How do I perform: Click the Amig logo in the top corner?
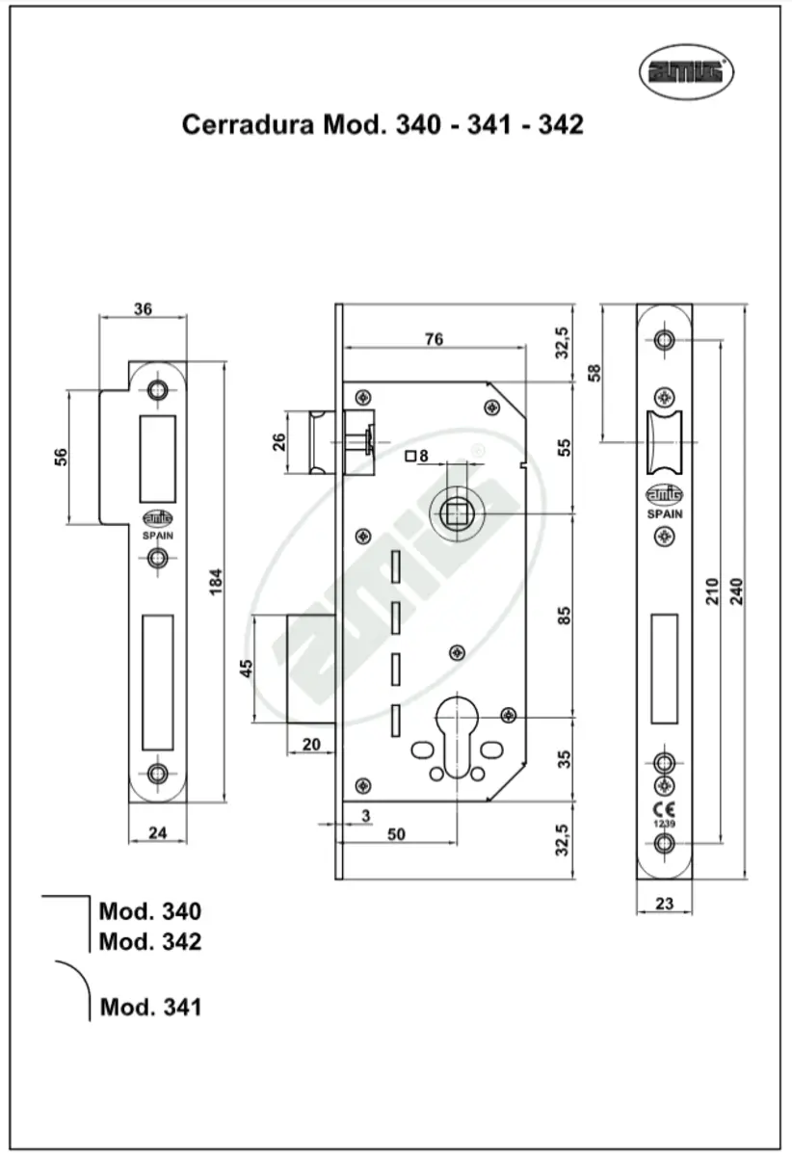pos(687,71)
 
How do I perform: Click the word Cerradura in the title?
pos(246,124)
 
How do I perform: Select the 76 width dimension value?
pos(434,338)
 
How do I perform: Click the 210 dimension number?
pos(711,591)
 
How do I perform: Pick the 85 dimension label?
pos(565,614)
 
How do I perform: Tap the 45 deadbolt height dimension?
pos(246,668)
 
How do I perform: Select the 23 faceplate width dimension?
pos(663,905)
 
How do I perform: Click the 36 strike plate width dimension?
pos(143,309)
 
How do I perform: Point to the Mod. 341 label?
pos(151,1008)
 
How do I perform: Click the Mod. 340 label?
pos(150,911)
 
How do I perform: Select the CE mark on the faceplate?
pos(664,809)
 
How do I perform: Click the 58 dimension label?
pos(594,373)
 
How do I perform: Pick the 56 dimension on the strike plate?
pos(59,457)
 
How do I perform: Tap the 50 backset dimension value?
pos(395,834)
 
